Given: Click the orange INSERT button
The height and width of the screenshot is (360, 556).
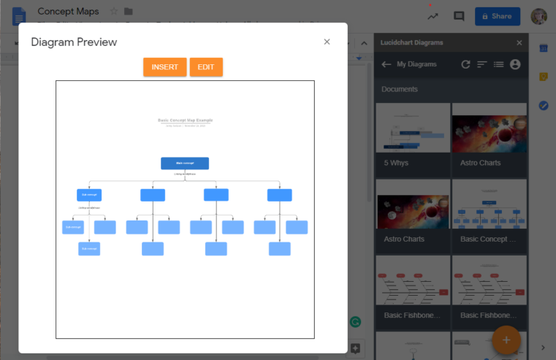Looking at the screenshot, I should tap(164, 67).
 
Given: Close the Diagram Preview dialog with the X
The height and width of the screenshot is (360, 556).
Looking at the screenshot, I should tap(327, 42).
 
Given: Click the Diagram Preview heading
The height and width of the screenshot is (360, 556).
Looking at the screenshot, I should tap(74, 42).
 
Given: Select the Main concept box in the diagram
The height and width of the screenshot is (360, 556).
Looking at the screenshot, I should tap(185, 163).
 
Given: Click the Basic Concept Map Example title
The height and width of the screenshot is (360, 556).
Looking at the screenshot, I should tap(186, 120).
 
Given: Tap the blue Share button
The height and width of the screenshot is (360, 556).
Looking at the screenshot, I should tap(497, 16).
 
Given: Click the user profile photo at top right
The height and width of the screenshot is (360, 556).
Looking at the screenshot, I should tap(539, 16).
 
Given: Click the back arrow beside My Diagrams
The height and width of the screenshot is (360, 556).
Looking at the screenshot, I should tap(386, 64).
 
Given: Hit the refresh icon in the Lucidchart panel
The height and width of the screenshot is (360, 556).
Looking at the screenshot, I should tap(466, 64).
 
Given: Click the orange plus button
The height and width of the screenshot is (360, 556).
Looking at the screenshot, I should tap(506, 340).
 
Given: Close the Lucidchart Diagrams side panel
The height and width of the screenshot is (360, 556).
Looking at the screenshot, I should tap(519, 43).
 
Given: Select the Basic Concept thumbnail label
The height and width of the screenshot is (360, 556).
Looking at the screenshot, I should tap(489, 239).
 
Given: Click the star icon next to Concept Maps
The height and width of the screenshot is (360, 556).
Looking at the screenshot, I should tap(114, 12).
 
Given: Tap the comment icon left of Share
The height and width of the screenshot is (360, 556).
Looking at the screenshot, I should tap(459, 16).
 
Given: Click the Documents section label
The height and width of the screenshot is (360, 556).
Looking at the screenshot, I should tap(400, 89).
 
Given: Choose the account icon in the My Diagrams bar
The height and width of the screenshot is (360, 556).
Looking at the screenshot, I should tap(515, 64).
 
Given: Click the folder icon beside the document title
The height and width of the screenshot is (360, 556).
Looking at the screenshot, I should tap(129, 12).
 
